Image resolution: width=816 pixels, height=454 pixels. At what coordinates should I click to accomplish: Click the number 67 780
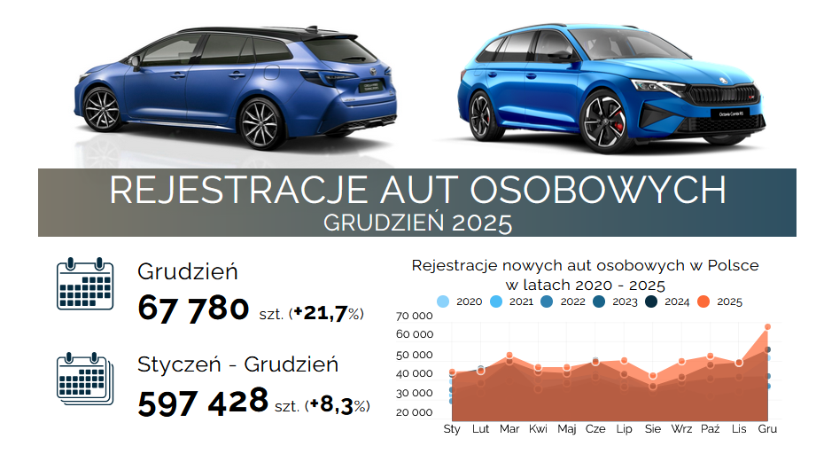[x=193, y=309]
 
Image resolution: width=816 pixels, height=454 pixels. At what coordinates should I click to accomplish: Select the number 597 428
[x=203, y=401]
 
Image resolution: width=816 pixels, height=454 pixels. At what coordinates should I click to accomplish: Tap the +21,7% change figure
[x=327, y=313]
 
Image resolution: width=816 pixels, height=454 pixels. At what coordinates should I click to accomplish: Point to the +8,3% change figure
[x=337, y=405]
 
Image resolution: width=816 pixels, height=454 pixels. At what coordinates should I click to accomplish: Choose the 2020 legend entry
[x=461, y=301]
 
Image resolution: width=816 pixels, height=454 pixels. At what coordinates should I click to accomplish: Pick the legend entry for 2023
[x=617, y=301]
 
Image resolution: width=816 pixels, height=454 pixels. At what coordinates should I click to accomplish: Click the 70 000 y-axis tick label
[x=415, y=316]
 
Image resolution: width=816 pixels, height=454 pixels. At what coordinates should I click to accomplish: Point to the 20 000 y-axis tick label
[x=415, y=412]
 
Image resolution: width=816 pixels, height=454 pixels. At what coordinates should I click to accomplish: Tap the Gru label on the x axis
[x=768, y=429]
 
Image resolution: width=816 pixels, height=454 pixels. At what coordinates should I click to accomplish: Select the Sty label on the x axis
[x=452, y=429]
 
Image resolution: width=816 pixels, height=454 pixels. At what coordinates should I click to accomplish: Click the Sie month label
[x=653, y=429]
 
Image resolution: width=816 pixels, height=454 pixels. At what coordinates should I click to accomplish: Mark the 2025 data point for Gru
[x=768, y=327]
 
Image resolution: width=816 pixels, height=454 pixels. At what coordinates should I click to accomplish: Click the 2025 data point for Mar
[x=509, y=356]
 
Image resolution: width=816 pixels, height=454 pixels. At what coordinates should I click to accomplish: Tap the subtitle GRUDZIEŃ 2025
[x=417, y=222]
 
